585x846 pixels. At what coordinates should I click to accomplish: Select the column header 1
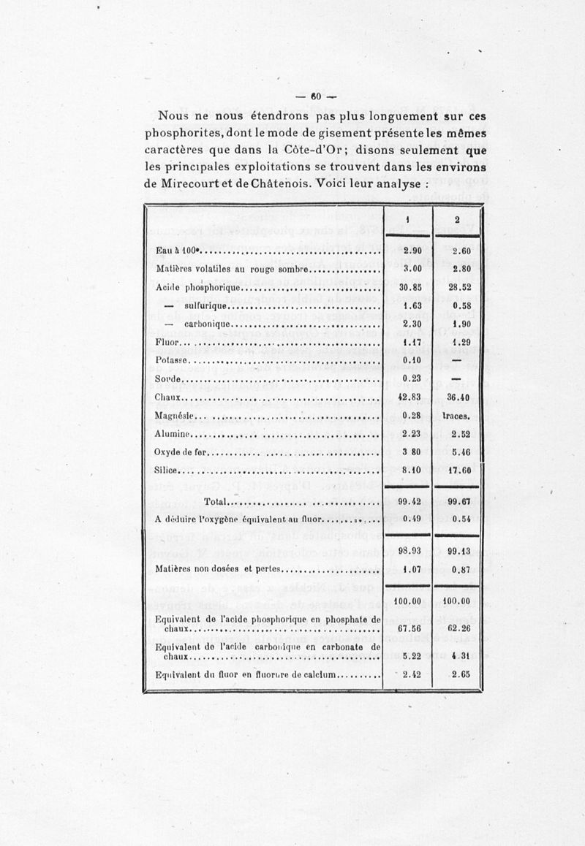click(x=407, y=220)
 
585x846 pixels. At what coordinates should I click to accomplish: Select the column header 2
click(x=457, y=220)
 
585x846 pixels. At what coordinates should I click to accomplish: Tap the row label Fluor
click(x=167, y=342)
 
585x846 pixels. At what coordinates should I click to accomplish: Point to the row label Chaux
click(x=168, y=397)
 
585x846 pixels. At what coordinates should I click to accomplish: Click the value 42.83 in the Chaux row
click(x=408, y=397)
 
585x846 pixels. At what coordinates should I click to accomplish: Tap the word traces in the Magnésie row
click(x=458, y=416)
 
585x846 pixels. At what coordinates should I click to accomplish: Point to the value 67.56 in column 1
click(x=408, y=628)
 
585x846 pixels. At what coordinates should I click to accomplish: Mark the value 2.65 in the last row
click(x=458, y=674)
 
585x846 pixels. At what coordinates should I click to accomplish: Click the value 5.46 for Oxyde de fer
click(x=458, y=453)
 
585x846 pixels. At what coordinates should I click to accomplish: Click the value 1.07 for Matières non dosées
click(x=408, y=571)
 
